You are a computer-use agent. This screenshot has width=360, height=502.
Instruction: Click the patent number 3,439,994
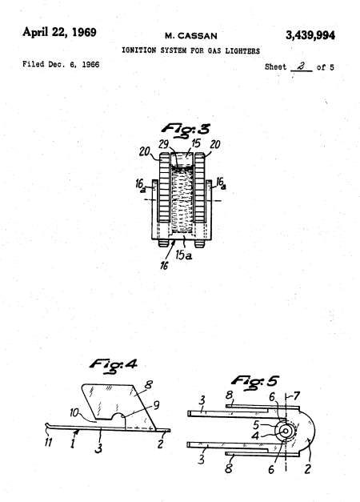click(310, 35)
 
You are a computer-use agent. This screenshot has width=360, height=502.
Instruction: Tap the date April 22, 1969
click(59, 32)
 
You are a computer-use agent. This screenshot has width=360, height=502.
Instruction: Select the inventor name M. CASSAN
click(191, 36)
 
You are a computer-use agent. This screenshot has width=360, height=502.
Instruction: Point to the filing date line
click(61, 64)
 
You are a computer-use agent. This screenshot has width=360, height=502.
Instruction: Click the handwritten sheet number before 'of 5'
click(301, 66)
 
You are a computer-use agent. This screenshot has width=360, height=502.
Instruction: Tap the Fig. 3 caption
click(186, 131)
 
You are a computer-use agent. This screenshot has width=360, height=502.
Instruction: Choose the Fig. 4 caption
click(114, 365)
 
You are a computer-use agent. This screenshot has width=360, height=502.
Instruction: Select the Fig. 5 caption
click(254, 382)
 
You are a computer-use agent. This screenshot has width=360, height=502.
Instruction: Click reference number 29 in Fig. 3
click(163, 144)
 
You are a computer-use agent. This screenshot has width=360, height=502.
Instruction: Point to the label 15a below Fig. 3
click(184, 255)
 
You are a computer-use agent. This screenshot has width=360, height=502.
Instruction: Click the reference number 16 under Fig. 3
click(164, 265)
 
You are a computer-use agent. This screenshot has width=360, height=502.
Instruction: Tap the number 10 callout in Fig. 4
click(74, 412)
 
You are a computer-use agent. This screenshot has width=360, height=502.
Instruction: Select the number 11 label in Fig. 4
click(48, 442)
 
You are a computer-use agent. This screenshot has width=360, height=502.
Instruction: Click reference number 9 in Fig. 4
click(156, 405)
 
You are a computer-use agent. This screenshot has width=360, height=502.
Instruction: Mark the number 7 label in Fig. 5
click(296, 396)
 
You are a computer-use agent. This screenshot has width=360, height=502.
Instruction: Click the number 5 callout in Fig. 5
click(256, 425)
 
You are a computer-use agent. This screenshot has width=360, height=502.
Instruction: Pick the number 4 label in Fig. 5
click(255, 436)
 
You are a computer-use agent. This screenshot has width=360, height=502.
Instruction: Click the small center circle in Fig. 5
click(285, 431)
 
